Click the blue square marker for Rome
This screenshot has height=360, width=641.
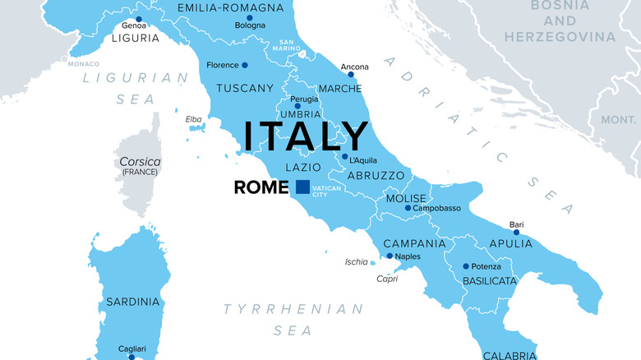click(302, 187)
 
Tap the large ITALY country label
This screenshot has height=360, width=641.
click(304, 136)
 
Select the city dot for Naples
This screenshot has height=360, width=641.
click(390, 256)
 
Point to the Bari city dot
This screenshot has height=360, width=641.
click(517, 233)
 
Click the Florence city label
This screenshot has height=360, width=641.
click(222, 65)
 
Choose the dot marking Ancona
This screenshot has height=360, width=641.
click(351, 75)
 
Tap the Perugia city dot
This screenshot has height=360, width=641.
click(297, 107)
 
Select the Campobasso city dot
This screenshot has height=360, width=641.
click(408, 208)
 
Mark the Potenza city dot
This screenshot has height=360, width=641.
click(466, 266)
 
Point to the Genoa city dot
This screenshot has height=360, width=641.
click(139, 19)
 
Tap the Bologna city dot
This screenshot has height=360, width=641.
click(250, 17)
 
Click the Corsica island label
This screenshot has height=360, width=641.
click(141, 162)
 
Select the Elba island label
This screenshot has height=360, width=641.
click(193, 119)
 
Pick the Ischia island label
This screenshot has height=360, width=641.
click(357, 262)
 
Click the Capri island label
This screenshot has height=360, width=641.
click(387, 278)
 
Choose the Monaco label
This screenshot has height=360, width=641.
click(83, 63)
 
